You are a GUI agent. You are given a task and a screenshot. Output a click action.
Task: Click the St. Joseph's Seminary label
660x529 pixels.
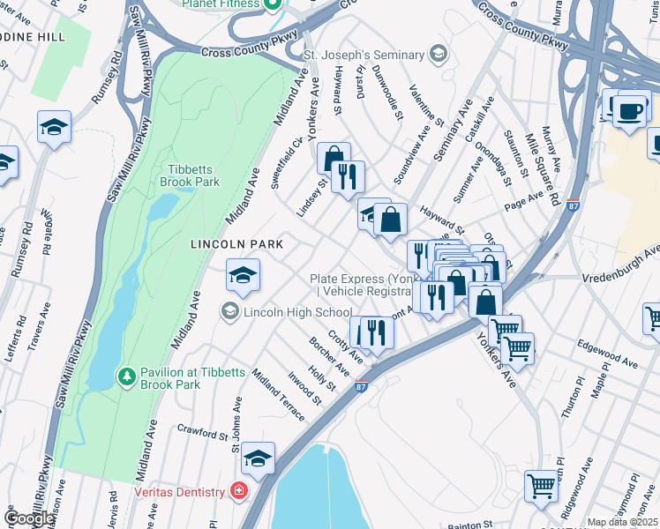[364, 56]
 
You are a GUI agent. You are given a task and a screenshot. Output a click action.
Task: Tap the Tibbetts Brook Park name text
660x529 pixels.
[190, 175]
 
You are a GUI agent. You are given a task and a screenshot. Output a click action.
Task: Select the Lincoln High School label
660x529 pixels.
[297, 311]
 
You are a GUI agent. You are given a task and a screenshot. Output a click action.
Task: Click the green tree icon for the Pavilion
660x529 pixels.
[127, 376]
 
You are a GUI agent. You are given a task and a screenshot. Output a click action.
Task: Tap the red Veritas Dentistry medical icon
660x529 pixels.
[238, 490]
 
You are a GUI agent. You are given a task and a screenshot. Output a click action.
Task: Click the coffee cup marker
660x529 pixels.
[629, 112]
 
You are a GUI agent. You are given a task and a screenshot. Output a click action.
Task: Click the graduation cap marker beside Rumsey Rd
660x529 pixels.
[55, 127]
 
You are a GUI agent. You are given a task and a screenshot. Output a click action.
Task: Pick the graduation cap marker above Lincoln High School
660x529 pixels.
[244, 276]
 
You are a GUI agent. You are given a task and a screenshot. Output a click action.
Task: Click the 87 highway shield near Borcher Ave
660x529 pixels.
[361, 385]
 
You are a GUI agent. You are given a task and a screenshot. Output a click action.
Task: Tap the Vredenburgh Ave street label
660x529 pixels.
[621, 276]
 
